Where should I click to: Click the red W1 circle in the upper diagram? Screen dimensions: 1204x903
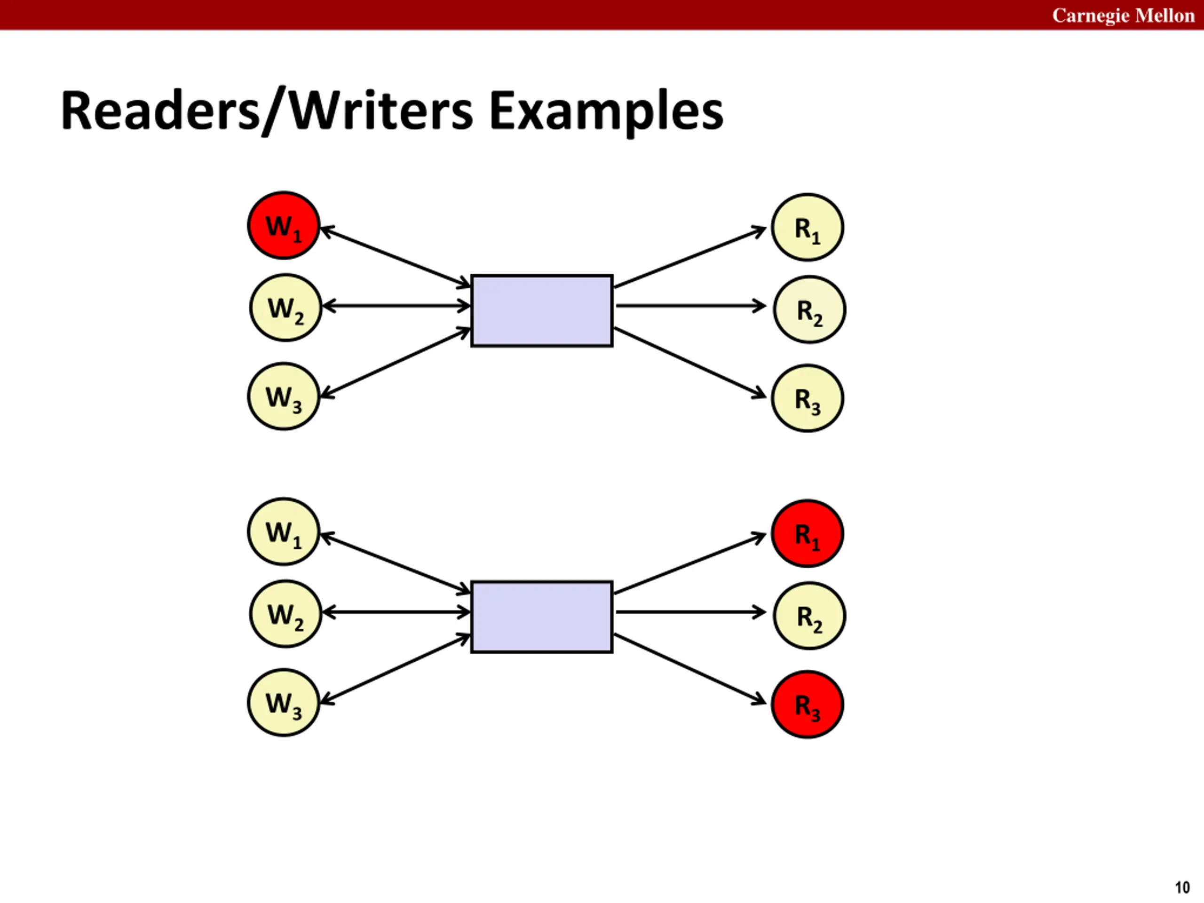[284, 225]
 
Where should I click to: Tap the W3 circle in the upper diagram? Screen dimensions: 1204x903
[284, 396]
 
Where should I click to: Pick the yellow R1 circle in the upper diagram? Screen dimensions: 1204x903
[808, 228]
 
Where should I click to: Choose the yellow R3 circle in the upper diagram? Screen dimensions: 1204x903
[808, 398]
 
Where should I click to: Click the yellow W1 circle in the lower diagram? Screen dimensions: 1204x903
[284, 531]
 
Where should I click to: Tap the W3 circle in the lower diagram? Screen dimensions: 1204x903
[284, 702]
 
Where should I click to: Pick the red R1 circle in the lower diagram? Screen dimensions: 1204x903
[808, 533]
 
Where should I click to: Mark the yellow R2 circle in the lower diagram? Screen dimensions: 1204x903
[809, 616]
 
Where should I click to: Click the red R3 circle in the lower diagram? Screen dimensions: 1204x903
[808, 705]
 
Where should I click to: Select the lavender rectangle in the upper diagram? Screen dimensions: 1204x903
[542, 311]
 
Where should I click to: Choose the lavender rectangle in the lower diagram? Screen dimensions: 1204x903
[542, 617]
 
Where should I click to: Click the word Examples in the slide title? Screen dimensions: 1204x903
[606, 111]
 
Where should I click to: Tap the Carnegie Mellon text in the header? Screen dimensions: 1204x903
[1124, 15]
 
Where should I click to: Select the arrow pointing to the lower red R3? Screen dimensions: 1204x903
[690, 669]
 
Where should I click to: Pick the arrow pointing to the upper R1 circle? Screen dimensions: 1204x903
[690, 257]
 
